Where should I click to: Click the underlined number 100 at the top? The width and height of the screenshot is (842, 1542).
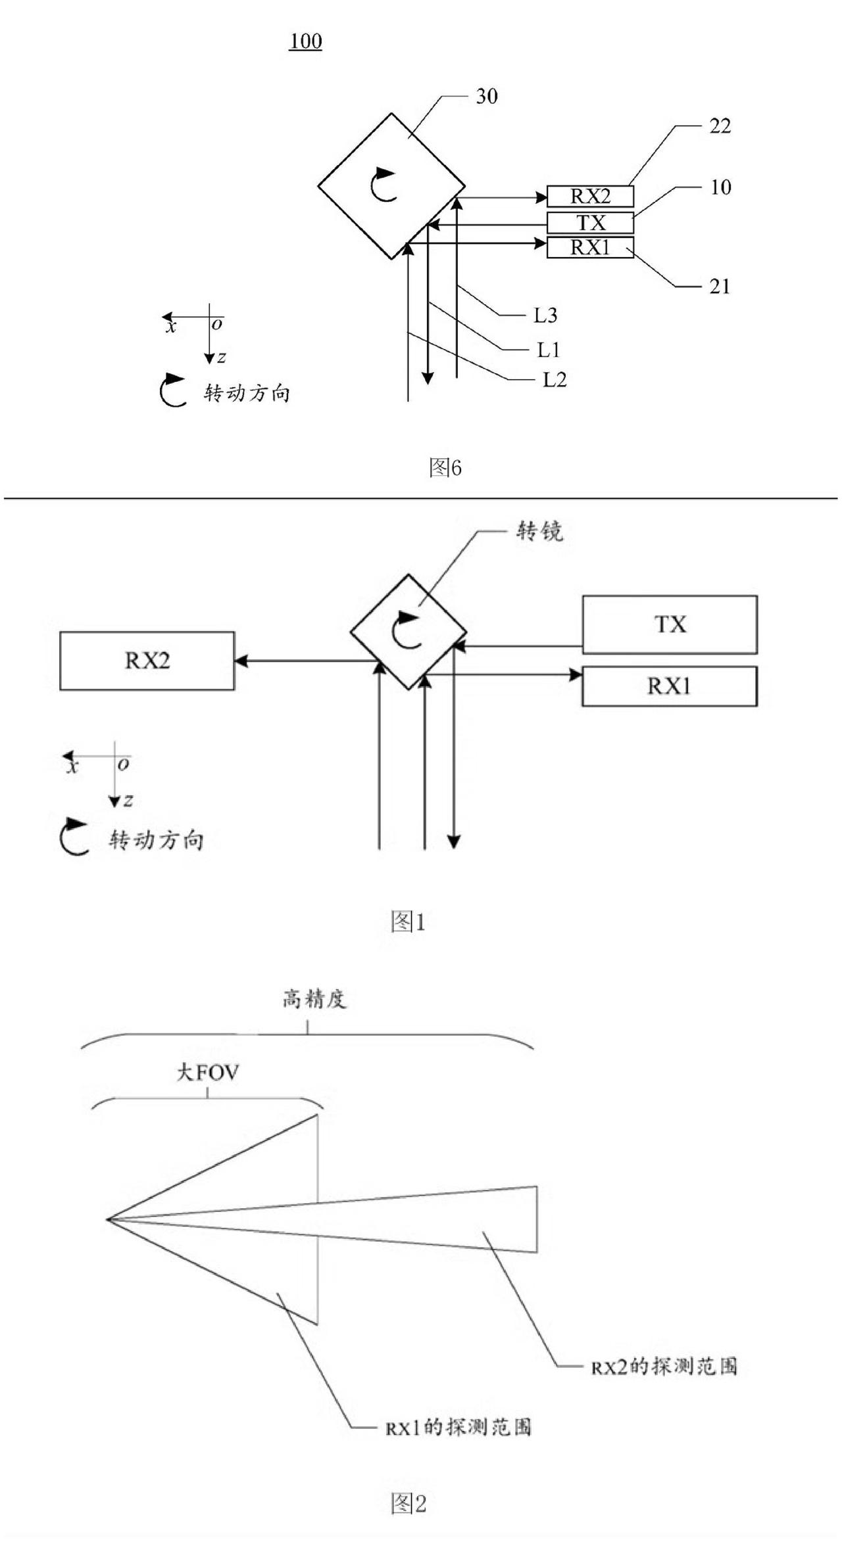pos(305,42)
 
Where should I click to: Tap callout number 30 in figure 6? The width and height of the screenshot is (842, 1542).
pos(486,97)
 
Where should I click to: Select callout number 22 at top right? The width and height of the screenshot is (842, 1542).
pos(720,126)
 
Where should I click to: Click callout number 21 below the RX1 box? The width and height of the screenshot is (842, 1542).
pos(719,287)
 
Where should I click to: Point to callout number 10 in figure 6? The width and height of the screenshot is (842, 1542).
pos(720,187)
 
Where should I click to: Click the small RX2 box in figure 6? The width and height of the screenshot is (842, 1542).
pos(590,196)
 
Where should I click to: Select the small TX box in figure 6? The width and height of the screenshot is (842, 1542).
pos(590,223)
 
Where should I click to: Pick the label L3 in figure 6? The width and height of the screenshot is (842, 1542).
pos(545,316)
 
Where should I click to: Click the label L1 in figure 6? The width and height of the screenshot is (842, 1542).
pos(548,350)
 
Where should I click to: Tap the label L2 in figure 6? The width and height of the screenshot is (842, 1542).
pos(554,380)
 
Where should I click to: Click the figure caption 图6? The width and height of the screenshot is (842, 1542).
pos(445,468)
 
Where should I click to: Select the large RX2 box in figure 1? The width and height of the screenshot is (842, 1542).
pos(147,661)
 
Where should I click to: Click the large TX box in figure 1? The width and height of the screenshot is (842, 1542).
pos(670,624)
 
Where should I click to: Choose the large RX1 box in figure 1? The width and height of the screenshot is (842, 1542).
pos(669,686)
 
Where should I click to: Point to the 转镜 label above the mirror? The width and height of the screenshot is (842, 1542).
pos(539,531)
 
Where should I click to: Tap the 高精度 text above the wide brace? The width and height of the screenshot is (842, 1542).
pos(314,1000)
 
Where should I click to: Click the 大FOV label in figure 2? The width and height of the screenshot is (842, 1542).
pos(207,1073)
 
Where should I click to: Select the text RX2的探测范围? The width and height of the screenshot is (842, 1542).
pos(664,1367)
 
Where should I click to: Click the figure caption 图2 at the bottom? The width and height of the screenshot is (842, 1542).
pos(408,1503)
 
